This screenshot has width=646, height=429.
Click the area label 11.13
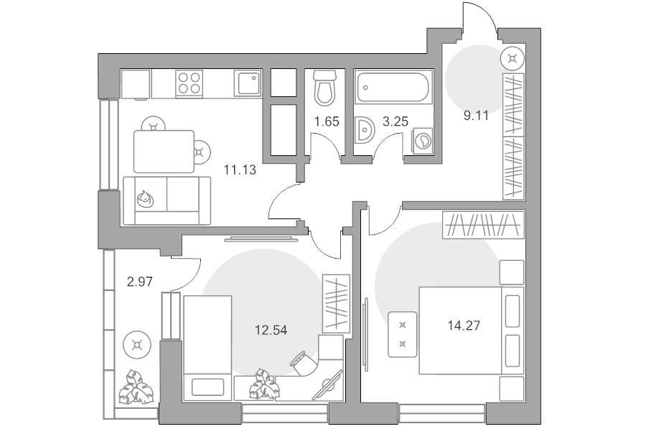[x=240, y=170]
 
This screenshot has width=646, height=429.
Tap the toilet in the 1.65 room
[x=324, y=88]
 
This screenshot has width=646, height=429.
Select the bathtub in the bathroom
[x=393, y=87]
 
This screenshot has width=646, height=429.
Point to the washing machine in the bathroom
[x=423, y=141]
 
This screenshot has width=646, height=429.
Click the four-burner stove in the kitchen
[x=189, y=84]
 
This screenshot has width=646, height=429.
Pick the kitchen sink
[x=248, y=83]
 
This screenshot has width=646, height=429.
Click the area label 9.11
[x=476, y=116]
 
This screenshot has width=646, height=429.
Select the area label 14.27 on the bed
[x=464, y=326]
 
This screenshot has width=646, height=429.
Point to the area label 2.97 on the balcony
[x=140, y=282]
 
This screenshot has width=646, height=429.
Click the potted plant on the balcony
[x=136, y=387]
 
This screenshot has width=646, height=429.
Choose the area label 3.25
[x=395, y=121]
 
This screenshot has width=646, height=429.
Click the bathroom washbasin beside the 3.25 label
[x=364, y=130]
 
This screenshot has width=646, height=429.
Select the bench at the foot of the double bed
[x=403, y=334]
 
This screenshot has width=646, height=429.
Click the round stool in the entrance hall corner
[x=512, y=58]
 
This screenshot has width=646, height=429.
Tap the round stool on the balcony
[x=137, y=345]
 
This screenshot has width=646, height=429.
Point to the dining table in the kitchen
[x=164, y=152]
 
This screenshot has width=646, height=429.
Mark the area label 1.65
[x=327, y=121]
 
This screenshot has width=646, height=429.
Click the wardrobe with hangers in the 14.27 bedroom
[x=483, y=225]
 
